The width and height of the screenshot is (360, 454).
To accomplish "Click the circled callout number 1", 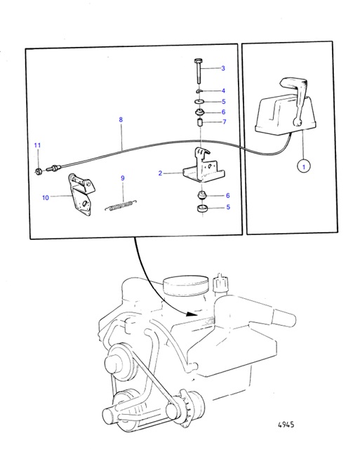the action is tap(304, 167).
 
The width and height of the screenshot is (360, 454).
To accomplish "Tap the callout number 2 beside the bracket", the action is tap(160, 173).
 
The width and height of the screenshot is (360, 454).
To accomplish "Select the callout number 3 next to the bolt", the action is tap(223, 68).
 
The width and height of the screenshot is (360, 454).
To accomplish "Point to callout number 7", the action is tap(224, 122).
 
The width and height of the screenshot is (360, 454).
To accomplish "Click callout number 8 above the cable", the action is tap(121, 119).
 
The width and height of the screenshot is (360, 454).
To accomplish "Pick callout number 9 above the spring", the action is tap(123, 178).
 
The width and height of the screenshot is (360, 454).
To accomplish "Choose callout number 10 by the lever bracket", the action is tap(46, 197).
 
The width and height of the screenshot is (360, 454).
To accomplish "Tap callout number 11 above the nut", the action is tap(37, 145).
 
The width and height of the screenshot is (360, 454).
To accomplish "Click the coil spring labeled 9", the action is tap(121, 205).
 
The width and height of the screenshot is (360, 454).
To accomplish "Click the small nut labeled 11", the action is tap(38, 172).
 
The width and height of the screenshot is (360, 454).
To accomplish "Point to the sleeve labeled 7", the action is tap(199, 122).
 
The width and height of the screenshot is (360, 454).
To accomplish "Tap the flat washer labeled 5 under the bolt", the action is tap(199, 102).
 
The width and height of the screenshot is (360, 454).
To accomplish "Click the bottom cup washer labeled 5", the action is tap(202, 208).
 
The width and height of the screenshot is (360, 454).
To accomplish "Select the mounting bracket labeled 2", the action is tap(204, 166).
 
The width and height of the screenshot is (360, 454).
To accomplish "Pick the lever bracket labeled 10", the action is tap(80, 194).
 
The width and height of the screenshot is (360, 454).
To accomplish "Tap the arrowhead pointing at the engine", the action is tap(192, 314).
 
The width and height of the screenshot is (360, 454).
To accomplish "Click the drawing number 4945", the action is tap(286, 425).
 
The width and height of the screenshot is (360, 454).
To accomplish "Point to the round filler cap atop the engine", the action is tap(186, 284).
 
